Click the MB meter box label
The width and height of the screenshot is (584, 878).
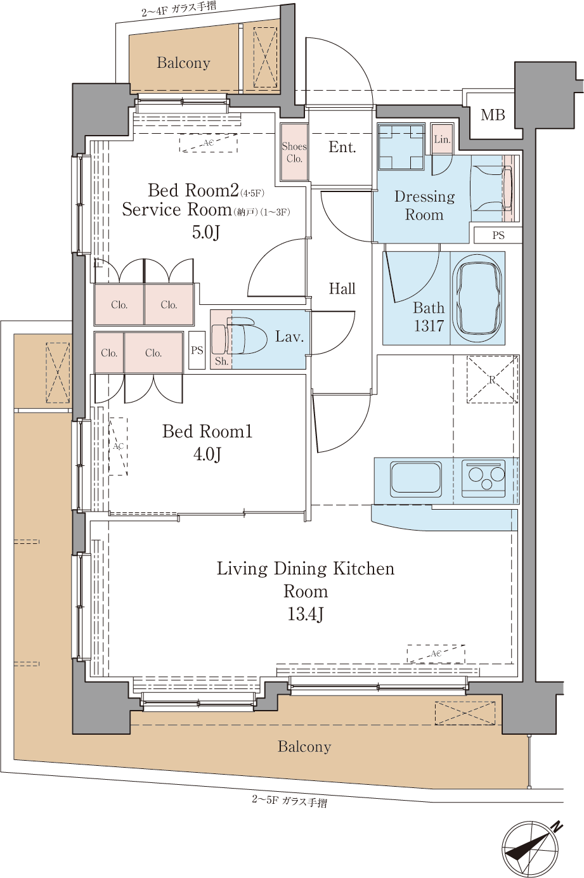pyautogui.click(x=493, y=115)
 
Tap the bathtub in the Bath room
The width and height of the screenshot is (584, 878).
pyautogui.click(x=477, y=298)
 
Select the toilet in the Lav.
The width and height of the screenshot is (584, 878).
pyautogui.click(x=233, y=336)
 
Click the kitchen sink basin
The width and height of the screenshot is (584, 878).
pyautogui.click(x=416, y=478)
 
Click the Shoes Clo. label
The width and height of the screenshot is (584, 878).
pyautogui.click(x=294, y=152)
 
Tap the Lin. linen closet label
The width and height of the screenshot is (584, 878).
pyautogui.click(x=442, y=139)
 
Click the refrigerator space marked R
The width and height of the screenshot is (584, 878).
pyautogui.click(x=492, y=379)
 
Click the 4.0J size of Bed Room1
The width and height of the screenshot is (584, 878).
pyautogui.click(x=207, y=454)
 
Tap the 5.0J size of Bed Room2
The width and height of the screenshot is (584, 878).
pyautogui.click(x=206, y=232)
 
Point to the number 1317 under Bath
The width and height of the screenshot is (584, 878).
pyautogui.click(x=429, y=325)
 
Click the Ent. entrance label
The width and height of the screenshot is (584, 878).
pyautogui.click(x=342, y=147)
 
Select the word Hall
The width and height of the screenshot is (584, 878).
pyautogui.click(x=342, y=288)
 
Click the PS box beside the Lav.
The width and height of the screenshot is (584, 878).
pyautogui.click(x=197, y=350)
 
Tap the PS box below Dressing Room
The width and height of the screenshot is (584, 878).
pyautogui.click(x=498, y=235)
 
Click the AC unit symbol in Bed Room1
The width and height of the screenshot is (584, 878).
pyautogui.click(x=118, y=446)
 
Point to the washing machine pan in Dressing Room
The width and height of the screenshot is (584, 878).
pyautogui.click(x=401, y=146)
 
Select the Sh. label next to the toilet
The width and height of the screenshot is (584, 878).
pyautogui.click(x=221, y=361)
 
